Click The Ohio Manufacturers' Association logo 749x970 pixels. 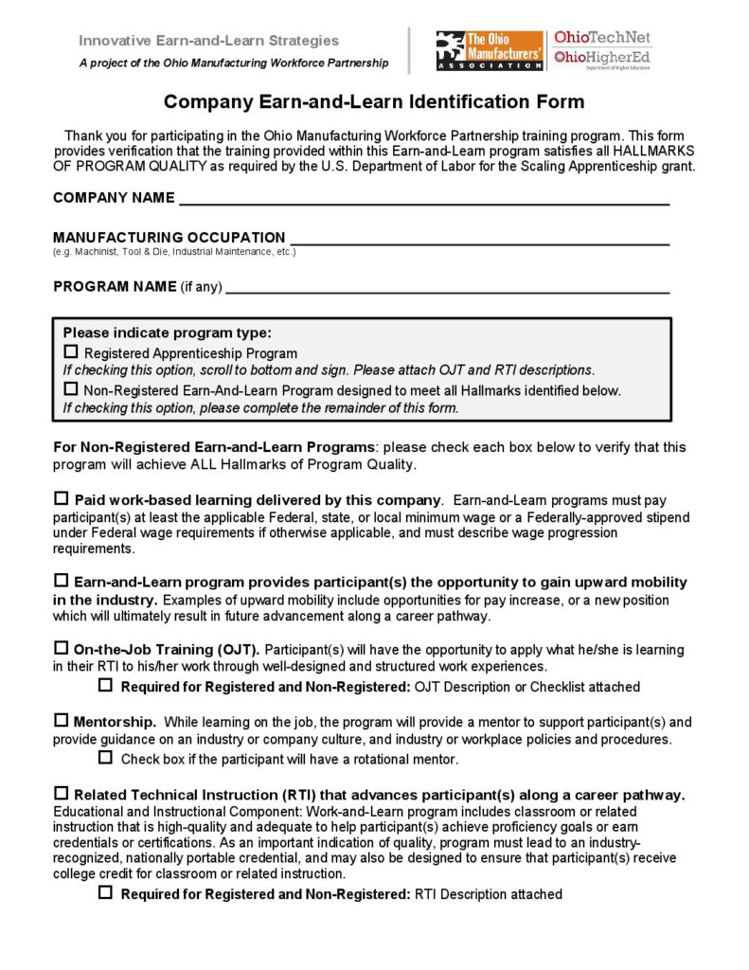click(490, 50)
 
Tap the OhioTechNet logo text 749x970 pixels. click(602, 38)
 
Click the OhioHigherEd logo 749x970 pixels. click(602, 59)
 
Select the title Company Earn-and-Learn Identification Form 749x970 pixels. click(374, 101)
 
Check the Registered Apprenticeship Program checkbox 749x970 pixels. click(71, 352)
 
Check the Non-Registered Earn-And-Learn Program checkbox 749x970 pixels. click(71, 388)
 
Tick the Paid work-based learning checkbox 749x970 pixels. click(62, 498)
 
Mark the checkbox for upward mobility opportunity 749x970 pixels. click(62, 581)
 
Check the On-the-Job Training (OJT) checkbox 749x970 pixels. click(62, 649)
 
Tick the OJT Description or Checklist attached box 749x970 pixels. click(106, 685)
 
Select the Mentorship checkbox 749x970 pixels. click(62, 721)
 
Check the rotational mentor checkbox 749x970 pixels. click(106, 758)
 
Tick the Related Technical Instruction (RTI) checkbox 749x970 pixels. click(62, 794)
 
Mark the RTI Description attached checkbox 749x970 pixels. click(106, 893)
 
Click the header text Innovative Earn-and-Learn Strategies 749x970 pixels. click(208, 41)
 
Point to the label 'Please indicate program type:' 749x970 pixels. click(167, 332)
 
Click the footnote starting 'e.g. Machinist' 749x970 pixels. click(174, 252)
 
